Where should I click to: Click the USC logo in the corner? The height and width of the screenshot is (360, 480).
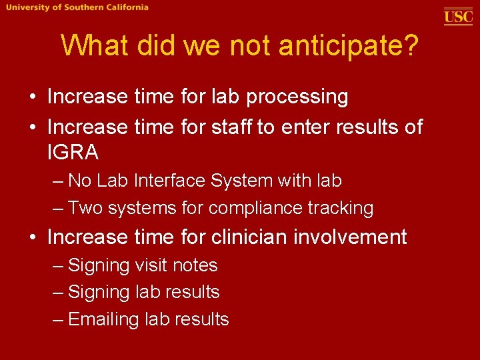[458, 16]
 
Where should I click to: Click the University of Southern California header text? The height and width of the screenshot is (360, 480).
[78, 7]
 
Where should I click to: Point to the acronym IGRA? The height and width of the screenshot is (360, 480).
[73, 153]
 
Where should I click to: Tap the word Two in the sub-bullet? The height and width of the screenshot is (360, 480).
[85, 208]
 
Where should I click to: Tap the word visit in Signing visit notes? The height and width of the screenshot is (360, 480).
[151, 265]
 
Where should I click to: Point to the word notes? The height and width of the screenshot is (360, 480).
[195, 265]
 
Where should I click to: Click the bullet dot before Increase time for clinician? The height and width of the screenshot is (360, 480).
[33, 237]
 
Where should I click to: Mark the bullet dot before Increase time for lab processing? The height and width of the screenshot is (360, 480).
[33, 97]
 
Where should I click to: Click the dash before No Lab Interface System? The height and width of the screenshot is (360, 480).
[58, 181]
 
